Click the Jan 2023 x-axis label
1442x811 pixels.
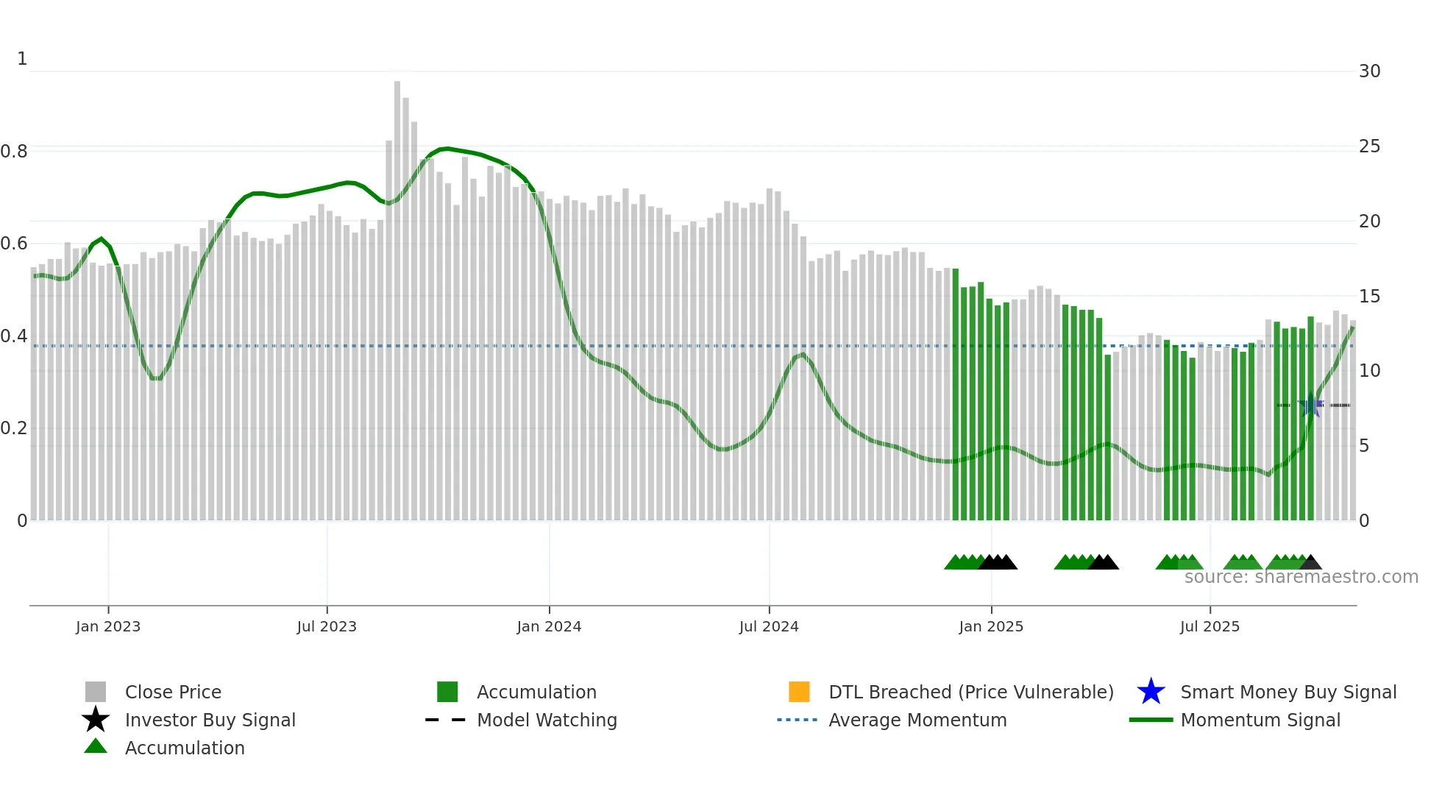(x=107, y=627)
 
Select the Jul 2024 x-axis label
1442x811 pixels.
(x=768, y=627)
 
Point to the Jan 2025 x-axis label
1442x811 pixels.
(x=990, y=627)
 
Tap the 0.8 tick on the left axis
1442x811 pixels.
(x=14, y=152)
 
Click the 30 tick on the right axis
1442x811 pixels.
(x=1369, y=71)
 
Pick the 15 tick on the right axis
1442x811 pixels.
(x=1369, y=297)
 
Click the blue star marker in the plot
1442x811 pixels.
(x=1311, y=405)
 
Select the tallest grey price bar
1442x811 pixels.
(x=397, y=294)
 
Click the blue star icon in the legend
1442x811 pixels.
(x=1151, y=692)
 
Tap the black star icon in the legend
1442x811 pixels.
(x=96, y=720)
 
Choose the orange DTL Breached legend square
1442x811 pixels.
(x=799, y=692)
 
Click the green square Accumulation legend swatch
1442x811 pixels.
(x=447, y=692)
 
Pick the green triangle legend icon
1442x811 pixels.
(x=96, y=747)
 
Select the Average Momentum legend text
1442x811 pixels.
(x=917, y=720)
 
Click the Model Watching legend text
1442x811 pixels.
(x=547, y=720)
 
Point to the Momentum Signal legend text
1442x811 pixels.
(x=1260, y=720)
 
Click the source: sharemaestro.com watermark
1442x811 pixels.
(x=1301, y=577)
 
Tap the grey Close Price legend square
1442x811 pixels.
(x=96, y=692)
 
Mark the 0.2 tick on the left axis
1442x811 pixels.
(x=14, y=428)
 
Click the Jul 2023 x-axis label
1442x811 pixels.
(x=327, y=627)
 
